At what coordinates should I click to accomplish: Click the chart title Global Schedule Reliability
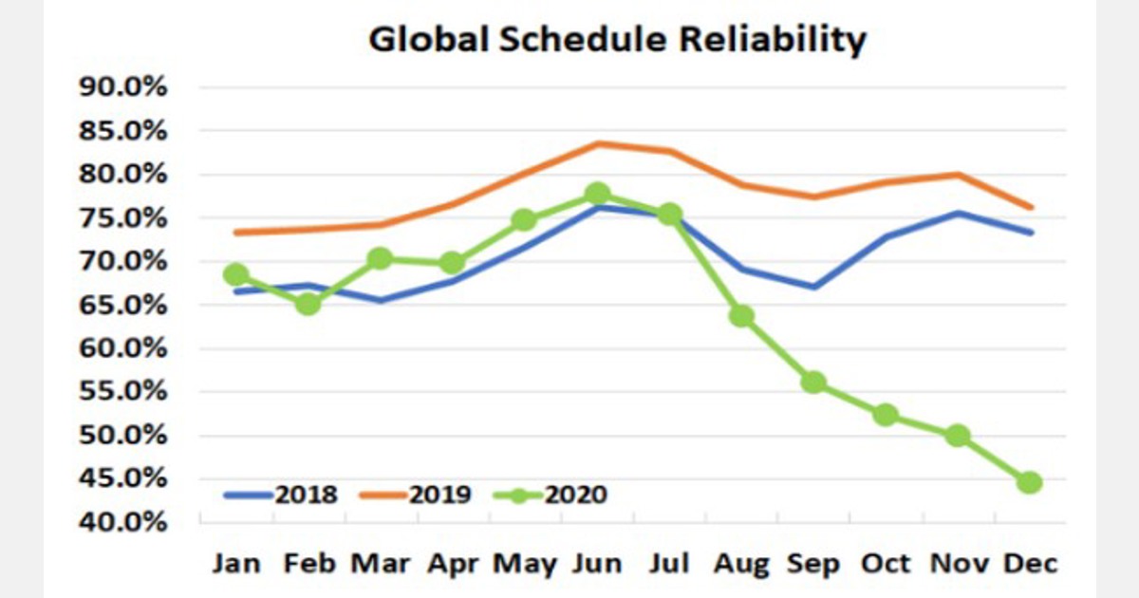pos(617,40)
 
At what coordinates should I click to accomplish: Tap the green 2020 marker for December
pos(1030,482)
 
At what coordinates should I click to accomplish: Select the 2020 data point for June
pos(597,194)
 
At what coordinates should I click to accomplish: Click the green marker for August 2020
pos(741,315)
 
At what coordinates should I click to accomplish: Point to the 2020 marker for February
pos(308,304)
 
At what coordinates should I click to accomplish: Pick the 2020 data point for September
pos(813,383)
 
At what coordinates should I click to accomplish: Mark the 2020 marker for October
pos(886,415)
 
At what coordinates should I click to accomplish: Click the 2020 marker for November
pos(958,436)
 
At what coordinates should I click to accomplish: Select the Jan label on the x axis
pos(235,563)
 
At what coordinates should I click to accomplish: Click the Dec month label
pos(1030,563)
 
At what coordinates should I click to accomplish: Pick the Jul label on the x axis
pos(669,563)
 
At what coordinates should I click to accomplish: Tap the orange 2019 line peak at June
pos(597,143)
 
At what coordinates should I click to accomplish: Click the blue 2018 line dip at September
pos(813,287)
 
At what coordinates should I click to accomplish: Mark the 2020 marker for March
pos(380,258)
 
